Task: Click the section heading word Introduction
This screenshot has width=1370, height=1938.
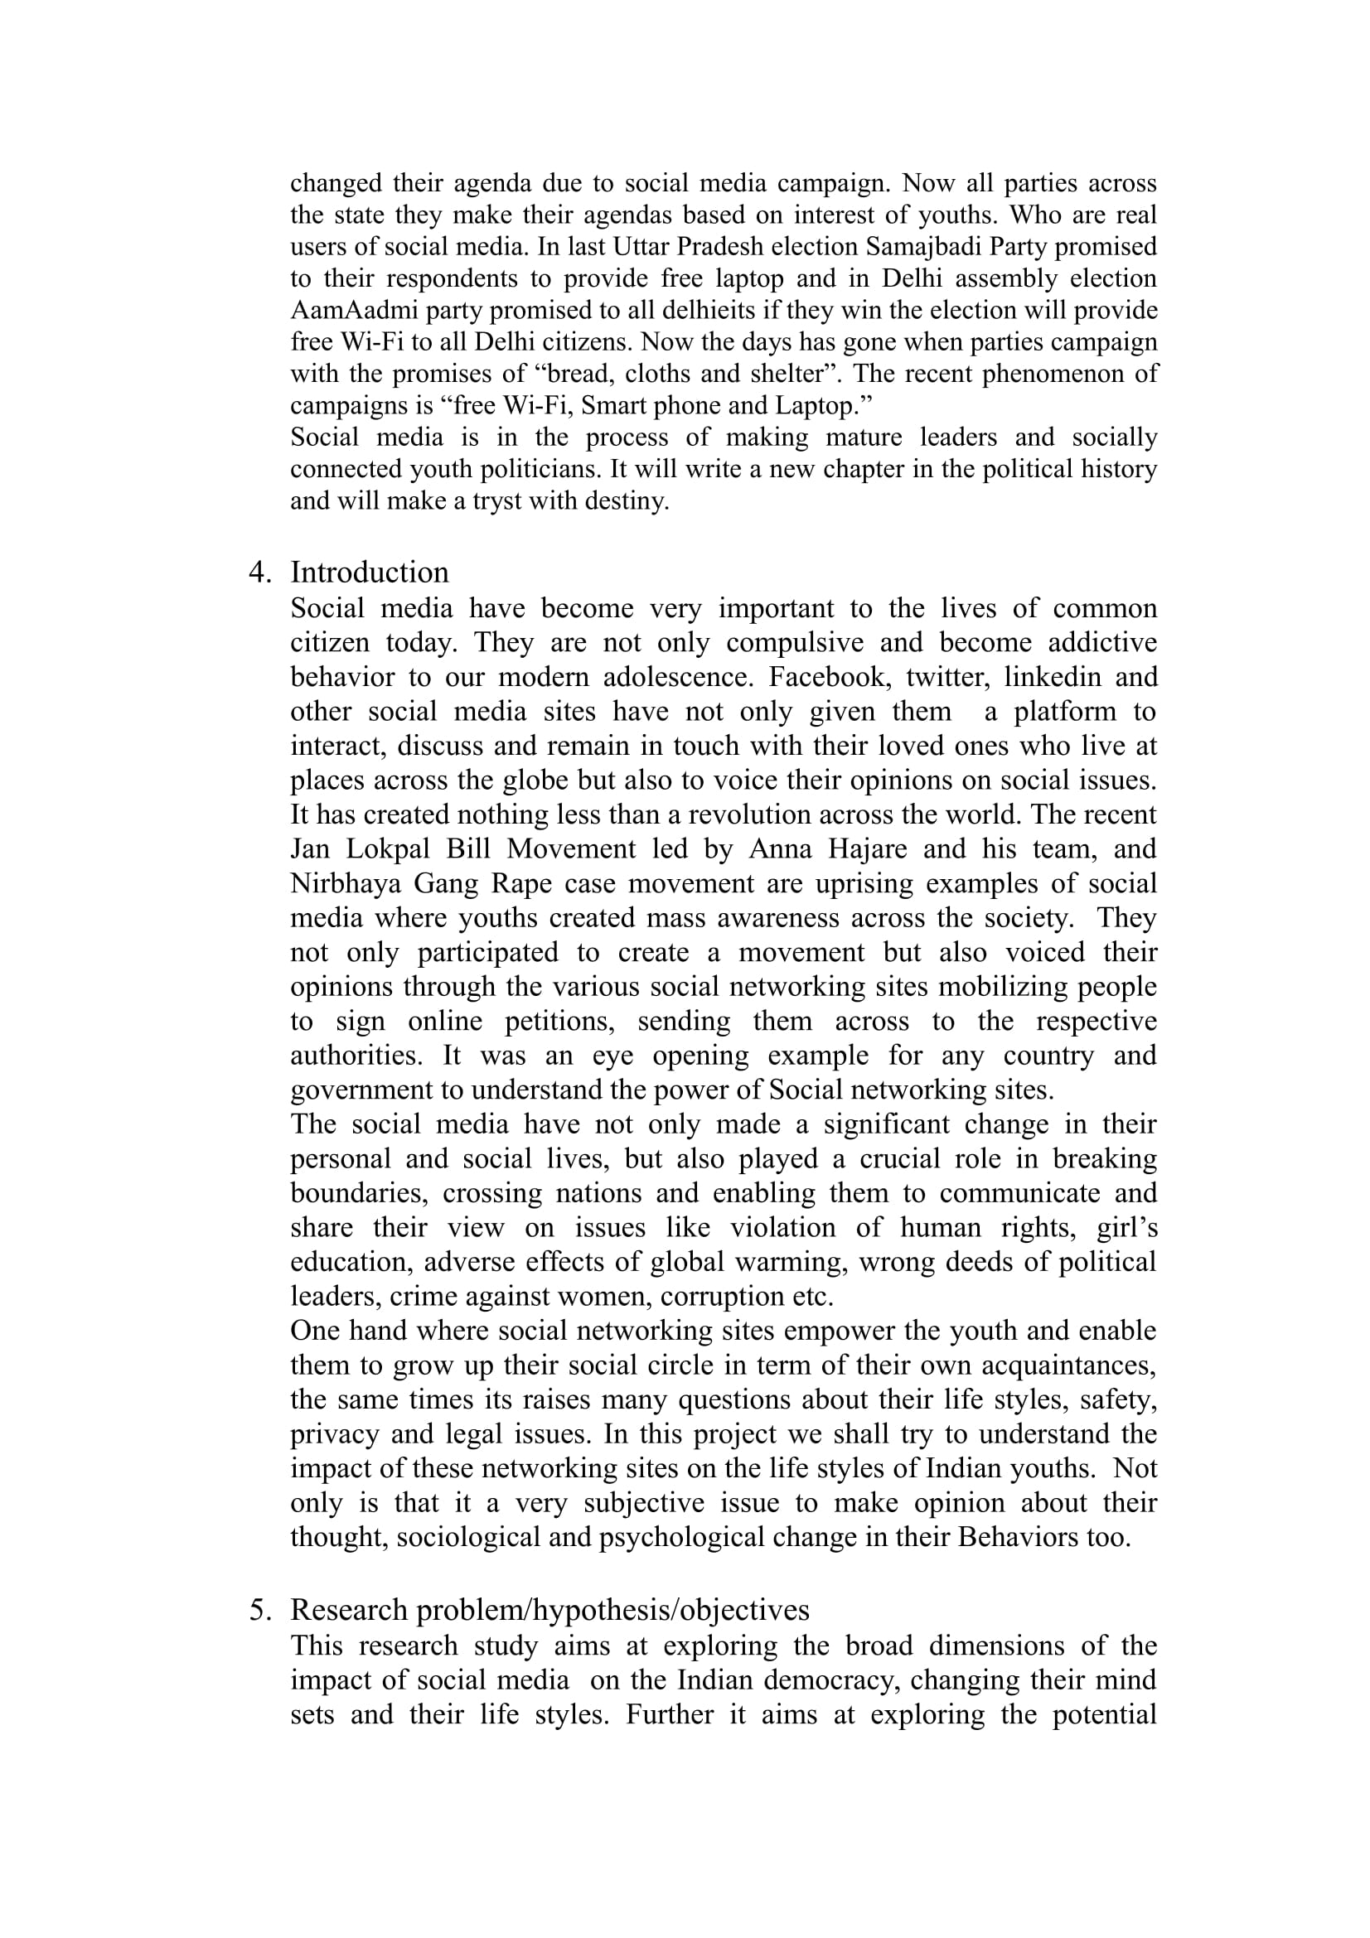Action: (x=369, y=573)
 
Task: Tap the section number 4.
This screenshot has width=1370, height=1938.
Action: (x=259, y=573)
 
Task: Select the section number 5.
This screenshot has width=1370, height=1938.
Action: (x=259, y=1610)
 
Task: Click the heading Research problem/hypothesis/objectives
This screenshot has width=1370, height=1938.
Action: (x=549, y=1610)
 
